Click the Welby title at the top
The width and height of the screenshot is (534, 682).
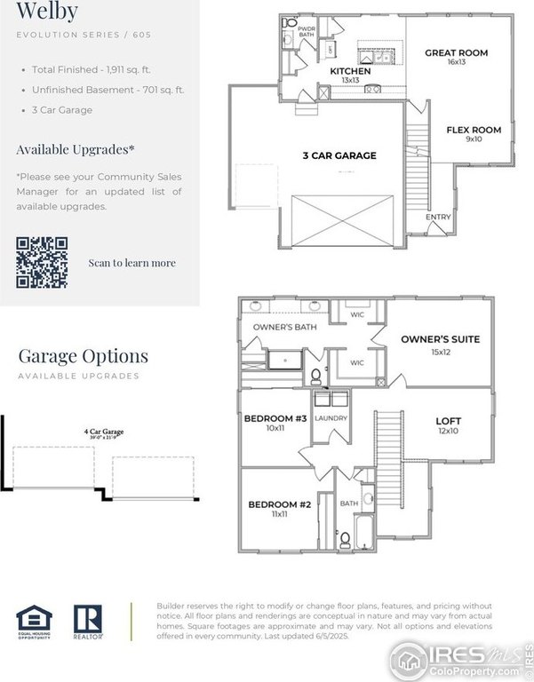pyautogui.click(x=47, y=12)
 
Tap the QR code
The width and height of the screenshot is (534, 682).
pyautogui.click(x=42, y=262)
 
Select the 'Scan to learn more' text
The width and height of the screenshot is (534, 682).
pyautogui.click(x=132, y=263)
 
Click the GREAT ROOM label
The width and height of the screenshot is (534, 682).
pyautogui.click(x=456, y=53)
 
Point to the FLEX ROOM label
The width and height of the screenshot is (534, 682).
pyautogui.click(x=473, y=130)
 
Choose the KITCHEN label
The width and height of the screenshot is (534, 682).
pyautogui.click(x=350, y=71)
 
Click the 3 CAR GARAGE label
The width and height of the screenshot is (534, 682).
pyautogui.click(x=339, y=155)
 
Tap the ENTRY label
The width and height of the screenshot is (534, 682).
pyautogui.click(x=438, y=217)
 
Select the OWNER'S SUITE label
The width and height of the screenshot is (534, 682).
pyautogui.click(x=440, y=339)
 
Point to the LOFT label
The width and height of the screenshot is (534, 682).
pyautogui.click(x=448, y=421)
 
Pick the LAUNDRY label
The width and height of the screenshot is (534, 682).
pyautogui.click(x=331, y=417)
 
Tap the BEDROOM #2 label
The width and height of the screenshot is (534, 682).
pyautogui.click(x=279, y=504)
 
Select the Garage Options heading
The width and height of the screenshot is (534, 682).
pyautogui.click(x=83, y=356)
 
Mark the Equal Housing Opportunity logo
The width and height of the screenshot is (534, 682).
pyautogui.click(x=34, y=623)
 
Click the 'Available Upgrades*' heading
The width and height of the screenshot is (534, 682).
pyautogui.click(x=76, y=149)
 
